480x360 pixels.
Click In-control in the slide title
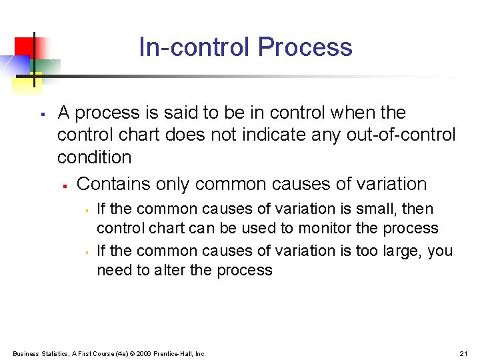(x=195, y=47)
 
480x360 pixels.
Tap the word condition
(x=94, y=157)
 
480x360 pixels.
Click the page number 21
(x=464, y=353)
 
